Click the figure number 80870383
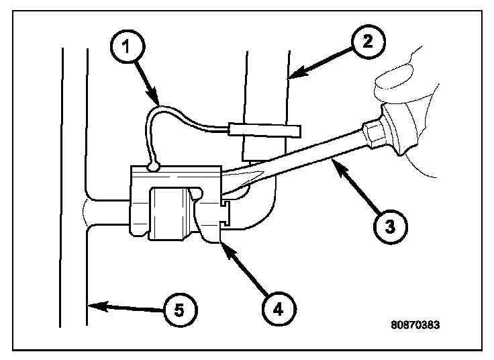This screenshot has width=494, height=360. [415, 324]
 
